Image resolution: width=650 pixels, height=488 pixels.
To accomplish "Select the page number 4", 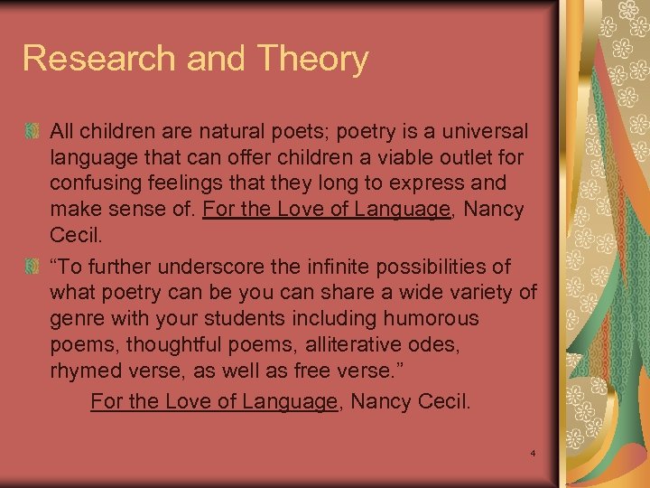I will point(534,452).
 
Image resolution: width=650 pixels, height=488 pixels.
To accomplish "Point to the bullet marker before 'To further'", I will point(32,268).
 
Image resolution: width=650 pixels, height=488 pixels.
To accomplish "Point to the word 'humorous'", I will point(432,319).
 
